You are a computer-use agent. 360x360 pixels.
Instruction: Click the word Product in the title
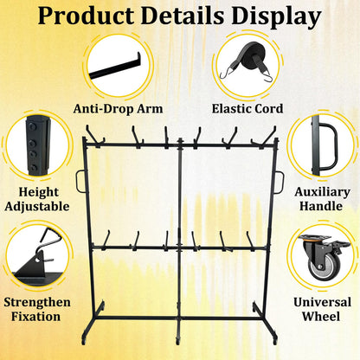86,15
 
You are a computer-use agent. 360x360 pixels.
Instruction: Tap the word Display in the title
276,16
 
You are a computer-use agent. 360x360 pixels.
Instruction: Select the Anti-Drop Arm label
118,109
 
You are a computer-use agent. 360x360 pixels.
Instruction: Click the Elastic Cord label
247,109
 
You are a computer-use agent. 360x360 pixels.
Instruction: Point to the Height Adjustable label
37,199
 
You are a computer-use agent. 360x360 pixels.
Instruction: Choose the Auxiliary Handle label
322,199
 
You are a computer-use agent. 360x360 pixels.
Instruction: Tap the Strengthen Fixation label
37,309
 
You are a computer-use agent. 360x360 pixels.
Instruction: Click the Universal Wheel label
322,309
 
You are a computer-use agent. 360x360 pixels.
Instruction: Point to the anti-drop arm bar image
115,67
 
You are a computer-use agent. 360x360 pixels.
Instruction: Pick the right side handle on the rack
280,183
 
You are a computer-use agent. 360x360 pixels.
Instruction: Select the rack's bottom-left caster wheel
84,339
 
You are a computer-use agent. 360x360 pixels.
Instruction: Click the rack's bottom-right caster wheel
275,340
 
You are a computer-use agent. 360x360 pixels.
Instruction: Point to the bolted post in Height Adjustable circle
37,145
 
